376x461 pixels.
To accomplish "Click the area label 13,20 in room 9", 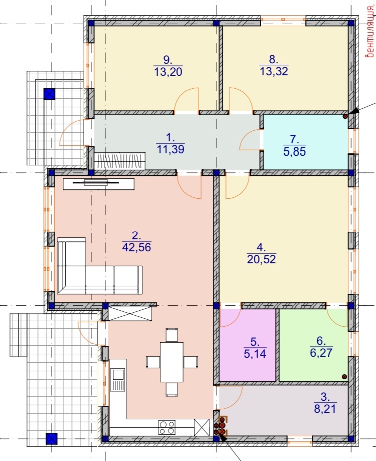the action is [x=168, y=72].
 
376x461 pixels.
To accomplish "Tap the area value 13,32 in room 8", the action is [x=274, y=71].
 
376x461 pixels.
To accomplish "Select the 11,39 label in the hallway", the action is [x=170, y=149].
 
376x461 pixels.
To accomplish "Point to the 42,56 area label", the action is [x=136, y=247].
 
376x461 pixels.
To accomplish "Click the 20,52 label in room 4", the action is [x=261, y=259].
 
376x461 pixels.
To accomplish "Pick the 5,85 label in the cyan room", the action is [x=295, y=151].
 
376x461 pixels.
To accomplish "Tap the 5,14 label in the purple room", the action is [x=255, y=353].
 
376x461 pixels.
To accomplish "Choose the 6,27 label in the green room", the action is [x=321, y=352].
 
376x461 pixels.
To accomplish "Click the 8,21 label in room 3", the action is [x=325, y=408].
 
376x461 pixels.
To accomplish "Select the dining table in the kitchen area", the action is [x=172, y=362].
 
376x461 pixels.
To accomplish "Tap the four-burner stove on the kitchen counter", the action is [x=167, y=427].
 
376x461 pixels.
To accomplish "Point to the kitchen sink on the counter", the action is [x=118, y=380].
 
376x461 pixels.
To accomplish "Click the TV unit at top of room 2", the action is [x=98, y=184].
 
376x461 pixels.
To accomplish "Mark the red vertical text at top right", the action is [x=370, y=31].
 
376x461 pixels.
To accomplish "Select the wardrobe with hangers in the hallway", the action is [x=120, y=161].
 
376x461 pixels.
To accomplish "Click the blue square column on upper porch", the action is [x=49, y=94].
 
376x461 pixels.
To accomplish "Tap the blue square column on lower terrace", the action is [x=52, y=439].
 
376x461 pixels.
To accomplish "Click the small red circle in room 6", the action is [x=344, y=377].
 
